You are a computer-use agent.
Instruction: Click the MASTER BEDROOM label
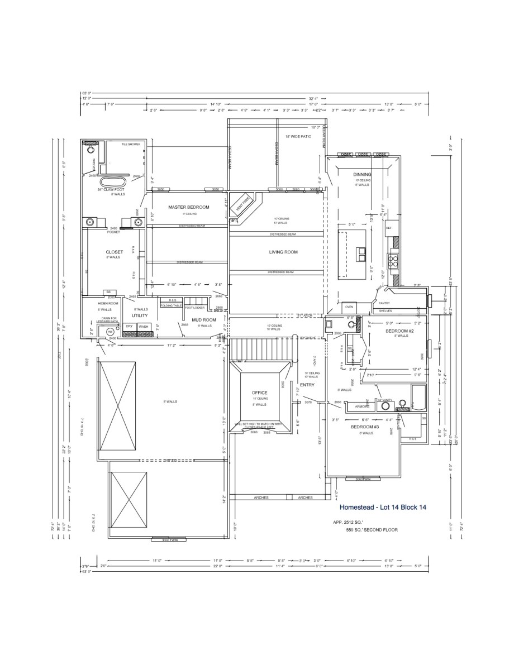189,207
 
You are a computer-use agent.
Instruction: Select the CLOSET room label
114,252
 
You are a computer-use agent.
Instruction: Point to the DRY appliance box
129,326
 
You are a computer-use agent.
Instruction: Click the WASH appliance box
144,326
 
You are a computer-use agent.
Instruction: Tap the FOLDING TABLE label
171,306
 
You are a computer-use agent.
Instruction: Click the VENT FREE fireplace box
241,202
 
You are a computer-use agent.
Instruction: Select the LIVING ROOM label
284,252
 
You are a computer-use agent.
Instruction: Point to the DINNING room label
362,174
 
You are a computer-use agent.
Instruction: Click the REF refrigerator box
388,228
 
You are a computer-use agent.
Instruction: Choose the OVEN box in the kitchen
349,307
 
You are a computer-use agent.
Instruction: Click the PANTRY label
384,303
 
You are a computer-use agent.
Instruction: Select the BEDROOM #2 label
399,331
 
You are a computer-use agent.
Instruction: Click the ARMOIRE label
355,406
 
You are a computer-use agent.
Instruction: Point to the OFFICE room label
260,393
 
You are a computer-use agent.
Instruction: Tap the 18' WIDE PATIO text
298,136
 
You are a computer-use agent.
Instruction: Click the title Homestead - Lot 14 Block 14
383,507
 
